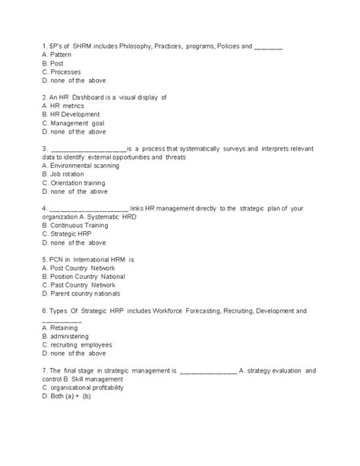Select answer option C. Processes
tap(62, 71)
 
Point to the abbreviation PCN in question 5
tap(57, 259)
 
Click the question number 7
tap(45, 370)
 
